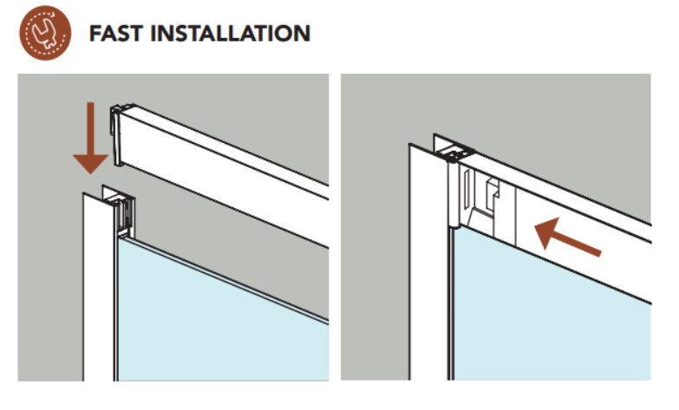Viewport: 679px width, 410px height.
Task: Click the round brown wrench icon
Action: pos(45,33)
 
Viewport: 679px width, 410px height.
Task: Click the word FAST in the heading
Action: pos(115,34)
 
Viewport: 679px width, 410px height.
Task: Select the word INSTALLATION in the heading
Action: pos(231,34)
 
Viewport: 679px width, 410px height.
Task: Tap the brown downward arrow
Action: pos(90,138)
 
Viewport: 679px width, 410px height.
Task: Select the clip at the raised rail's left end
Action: pos(116,134)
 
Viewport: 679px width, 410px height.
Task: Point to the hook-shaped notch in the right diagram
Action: pos(493,191)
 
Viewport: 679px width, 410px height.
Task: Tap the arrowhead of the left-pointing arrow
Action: pos(546,231)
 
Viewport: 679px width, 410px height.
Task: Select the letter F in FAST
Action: pos(95,34)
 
